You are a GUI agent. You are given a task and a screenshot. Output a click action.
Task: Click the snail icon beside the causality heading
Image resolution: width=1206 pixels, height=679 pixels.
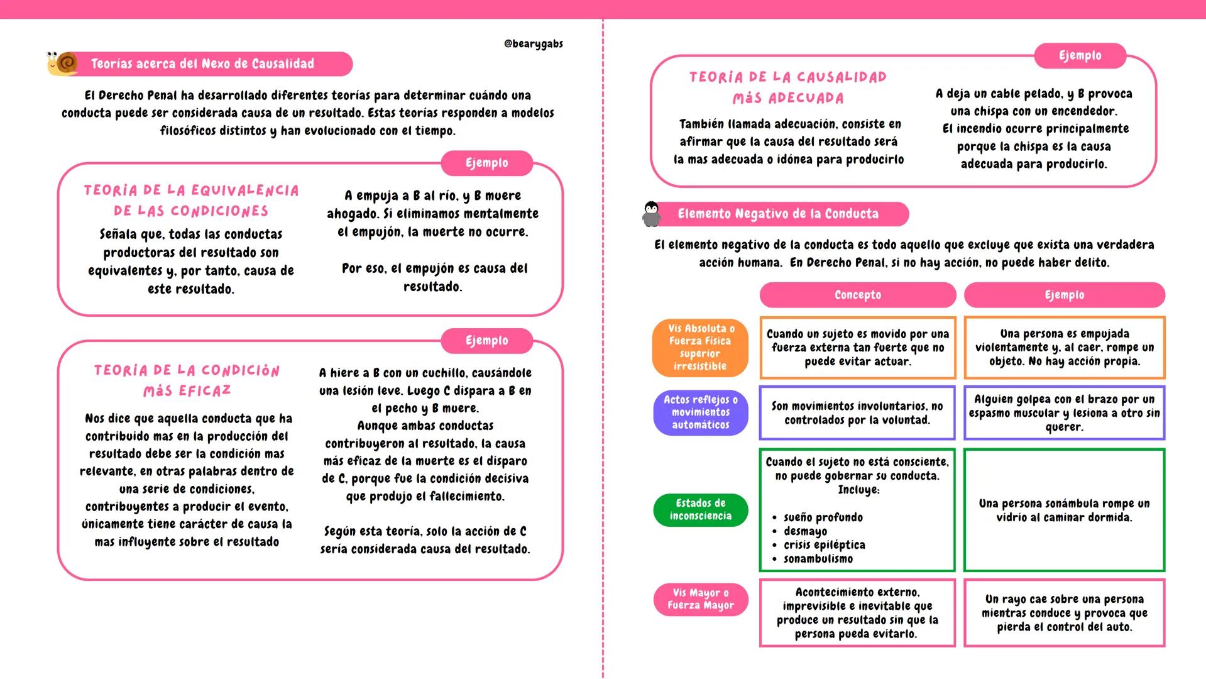coord(63,63)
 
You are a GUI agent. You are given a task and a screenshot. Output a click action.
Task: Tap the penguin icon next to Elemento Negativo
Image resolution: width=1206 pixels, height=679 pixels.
coord(652,214)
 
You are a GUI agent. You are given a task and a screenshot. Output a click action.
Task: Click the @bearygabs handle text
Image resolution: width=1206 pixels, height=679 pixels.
coord(533,43)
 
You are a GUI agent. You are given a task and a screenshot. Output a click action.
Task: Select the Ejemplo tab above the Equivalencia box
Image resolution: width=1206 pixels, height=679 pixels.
coord(486,163)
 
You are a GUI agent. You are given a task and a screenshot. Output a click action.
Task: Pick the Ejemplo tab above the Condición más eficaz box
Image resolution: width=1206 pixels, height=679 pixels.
coord(486,340)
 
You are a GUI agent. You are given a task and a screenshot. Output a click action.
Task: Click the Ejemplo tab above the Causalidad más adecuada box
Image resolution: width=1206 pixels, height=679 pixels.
coord(1080,55)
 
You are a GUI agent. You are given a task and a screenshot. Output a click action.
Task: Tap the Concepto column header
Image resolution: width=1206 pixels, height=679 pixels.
coord(857,295)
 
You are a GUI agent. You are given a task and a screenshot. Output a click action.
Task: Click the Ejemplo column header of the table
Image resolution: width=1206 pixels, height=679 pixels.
coord(1064,295)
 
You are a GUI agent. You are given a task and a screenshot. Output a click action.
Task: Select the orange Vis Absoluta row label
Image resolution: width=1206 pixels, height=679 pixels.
coord(700,347)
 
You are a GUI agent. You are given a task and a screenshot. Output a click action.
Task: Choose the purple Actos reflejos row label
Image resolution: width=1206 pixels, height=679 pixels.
coord(700,412)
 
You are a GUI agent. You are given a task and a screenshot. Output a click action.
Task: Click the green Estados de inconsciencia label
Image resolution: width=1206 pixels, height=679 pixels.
coord(700,509)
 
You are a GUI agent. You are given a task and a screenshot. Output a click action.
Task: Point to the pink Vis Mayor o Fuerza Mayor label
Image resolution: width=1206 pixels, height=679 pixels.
coord(700,599)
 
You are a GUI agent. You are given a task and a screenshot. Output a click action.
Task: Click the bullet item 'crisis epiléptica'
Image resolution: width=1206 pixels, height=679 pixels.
coord(824,545)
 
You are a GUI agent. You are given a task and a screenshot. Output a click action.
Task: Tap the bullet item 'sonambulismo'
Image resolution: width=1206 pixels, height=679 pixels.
coord(818,559)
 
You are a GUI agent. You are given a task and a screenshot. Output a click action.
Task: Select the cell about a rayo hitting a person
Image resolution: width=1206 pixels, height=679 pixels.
coord(1064,613)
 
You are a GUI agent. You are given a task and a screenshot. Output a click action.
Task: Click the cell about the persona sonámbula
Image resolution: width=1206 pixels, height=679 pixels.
coord(1064,511)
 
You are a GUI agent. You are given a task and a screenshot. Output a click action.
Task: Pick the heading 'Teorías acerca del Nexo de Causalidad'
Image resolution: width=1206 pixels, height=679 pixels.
coord(202,63)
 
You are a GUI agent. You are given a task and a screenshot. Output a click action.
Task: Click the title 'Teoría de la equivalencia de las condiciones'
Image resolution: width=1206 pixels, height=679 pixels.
coord(191,201)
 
